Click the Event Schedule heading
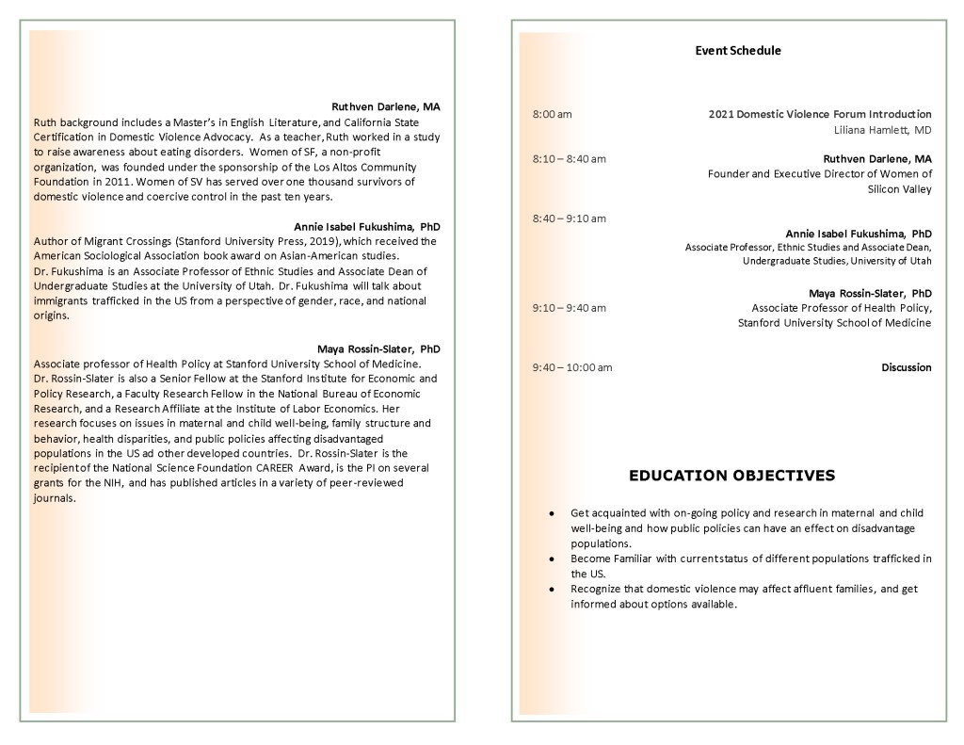pyautogui.click(x=737, y=51)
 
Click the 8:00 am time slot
pyautogui.click(x=552, y=115)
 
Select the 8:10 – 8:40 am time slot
pyautogui.click(x=569, y=158)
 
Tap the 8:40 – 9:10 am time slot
pyautogui.click(x=569, y=219)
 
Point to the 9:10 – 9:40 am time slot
pyautogui.click(x=569, y=308)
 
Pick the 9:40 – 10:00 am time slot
pyautogui.click(x=571, y=367)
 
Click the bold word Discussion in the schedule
pyautogui.click(x=906, y=367)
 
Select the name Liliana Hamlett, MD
pyautogui.click(x=882, y=130)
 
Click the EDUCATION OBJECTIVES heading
pyautogui.click(x=731, y=476)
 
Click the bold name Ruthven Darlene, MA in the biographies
pyautogui.click(x=385, y=107)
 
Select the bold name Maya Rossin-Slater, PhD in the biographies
pyautogui.click(x=378, y=348)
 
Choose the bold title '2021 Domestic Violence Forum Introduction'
pyautogui.click(x=819, y=115)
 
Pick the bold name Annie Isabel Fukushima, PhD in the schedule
pyautogui.click(x=859, y=234)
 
